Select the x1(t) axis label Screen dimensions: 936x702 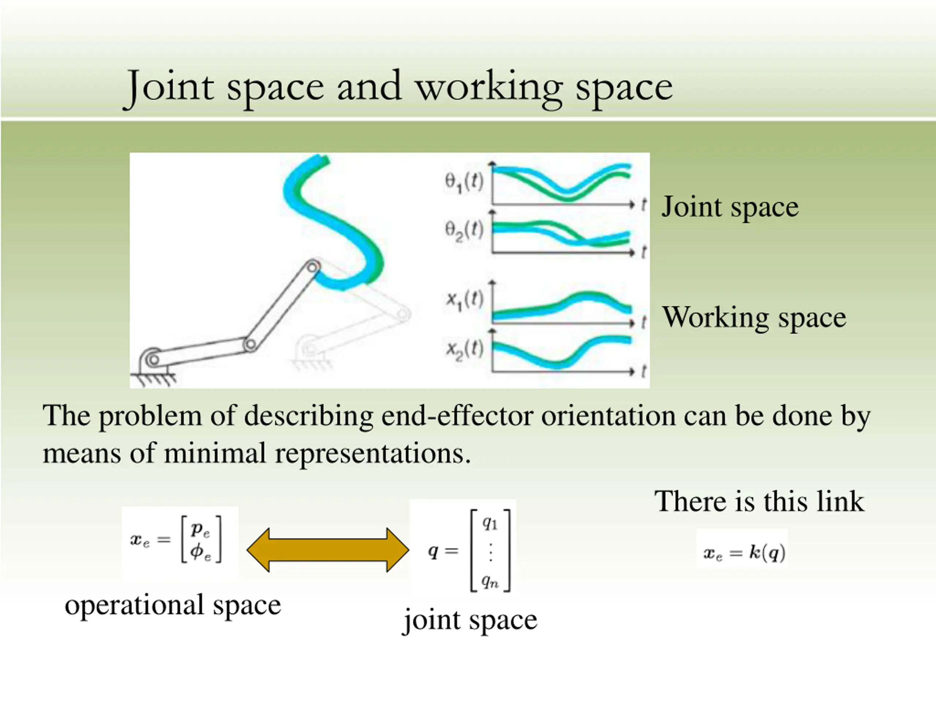[464, 301]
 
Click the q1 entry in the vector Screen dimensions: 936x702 [490, 524]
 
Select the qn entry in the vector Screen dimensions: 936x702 [490, 581]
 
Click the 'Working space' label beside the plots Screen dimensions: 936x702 [754, 317]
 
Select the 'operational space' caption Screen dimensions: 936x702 [173, 605]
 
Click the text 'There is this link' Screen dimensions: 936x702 [759, 501]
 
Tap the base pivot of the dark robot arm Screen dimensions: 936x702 [153, 360]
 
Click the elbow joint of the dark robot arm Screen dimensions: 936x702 [250, 344]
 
